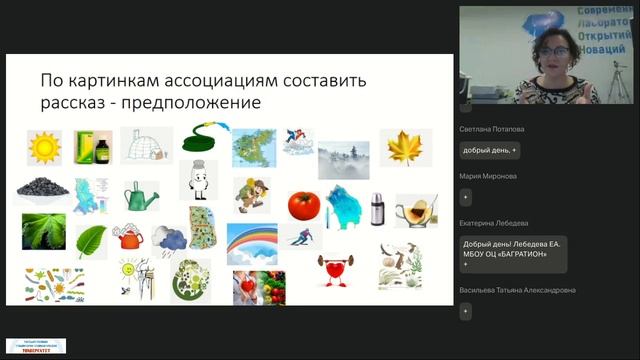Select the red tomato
(x=303, y=205)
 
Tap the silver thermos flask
(x=376, y=208)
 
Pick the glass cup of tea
(x=413, y=211)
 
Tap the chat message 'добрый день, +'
(x=489, y=150)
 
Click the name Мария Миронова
(x=488, y=176)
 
